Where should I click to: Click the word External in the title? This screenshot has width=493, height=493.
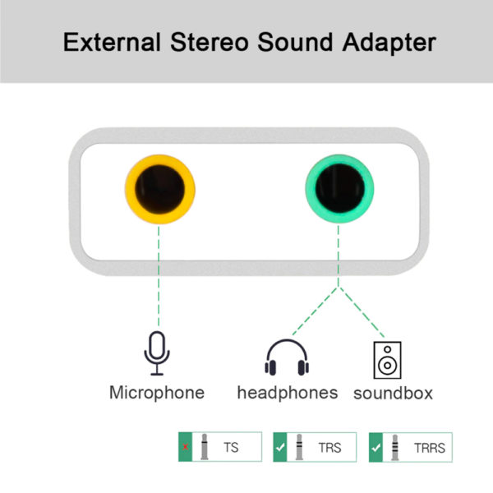tap(112, 42)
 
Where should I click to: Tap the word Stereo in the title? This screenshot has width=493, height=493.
tap(210, 42)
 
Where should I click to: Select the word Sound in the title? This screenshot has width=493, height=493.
tap(295, 42)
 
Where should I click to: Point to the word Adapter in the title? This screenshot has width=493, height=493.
tap(389, 44)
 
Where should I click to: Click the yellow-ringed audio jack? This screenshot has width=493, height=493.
tap(160, 189)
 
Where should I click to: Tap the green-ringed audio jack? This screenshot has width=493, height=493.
tap(339, 189)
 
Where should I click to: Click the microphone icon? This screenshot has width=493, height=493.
tap(157, 353)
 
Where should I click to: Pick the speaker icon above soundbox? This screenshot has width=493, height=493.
tap(387, 360)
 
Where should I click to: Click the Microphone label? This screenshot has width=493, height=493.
tap(157, 393)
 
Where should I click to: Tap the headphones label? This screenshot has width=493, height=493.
tap(288, 393)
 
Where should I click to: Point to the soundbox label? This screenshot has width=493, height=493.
tap(393, 394)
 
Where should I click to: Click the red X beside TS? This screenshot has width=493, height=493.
tap(186, 447)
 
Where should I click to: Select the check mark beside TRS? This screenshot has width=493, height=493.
tap(280, 447)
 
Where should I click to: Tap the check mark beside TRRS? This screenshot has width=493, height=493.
tap(376, 448)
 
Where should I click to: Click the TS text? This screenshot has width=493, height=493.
tap(231, 448)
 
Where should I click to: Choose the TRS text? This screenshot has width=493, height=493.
tap(329, 448)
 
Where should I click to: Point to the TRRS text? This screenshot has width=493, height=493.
tap(430, 448)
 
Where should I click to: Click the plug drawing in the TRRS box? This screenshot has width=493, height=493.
tap(395, 448)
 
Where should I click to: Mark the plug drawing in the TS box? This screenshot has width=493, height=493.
tap(205, 447)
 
